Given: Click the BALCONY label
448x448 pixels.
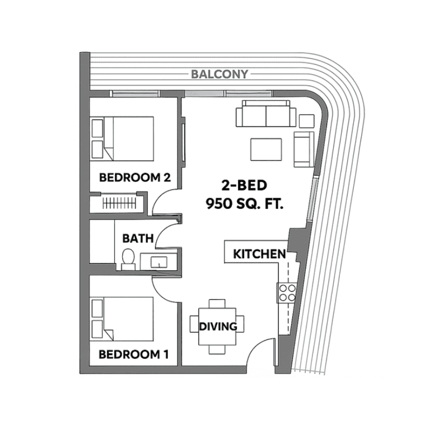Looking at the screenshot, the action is [x=220, y=74].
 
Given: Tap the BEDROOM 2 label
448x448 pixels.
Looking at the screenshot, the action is [x=135, y=178].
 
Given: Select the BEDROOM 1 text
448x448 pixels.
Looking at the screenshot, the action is [x=133, y=354].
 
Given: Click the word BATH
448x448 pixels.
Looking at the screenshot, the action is [x=138, y=239].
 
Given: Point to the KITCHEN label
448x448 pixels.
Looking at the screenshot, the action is [x=259, y=254].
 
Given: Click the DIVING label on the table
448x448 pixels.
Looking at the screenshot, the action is [x=218, y=326].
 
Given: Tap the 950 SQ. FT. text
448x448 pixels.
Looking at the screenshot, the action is [x=245, y=204].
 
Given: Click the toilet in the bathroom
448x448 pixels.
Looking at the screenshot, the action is [x=128, y=259].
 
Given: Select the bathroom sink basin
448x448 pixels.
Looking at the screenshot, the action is [x=159, y=262].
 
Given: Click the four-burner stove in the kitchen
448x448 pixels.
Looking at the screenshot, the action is [x=287, y=293].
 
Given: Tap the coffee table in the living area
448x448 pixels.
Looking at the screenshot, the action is [x=266, y=150].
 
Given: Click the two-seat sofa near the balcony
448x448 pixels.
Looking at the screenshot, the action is [x=265, y=114].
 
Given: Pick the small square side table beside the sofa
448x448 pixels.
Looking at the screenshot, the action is [x=306, y=121].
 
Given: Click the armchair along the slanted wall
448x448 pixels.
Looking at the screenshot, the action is [x=304, y=149].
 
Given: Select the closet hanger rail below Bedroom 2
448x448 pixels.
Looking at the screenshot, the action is [x=119, y=203].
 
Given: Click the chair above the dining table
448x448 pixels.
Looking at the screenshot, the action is [x=217, y=304].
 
